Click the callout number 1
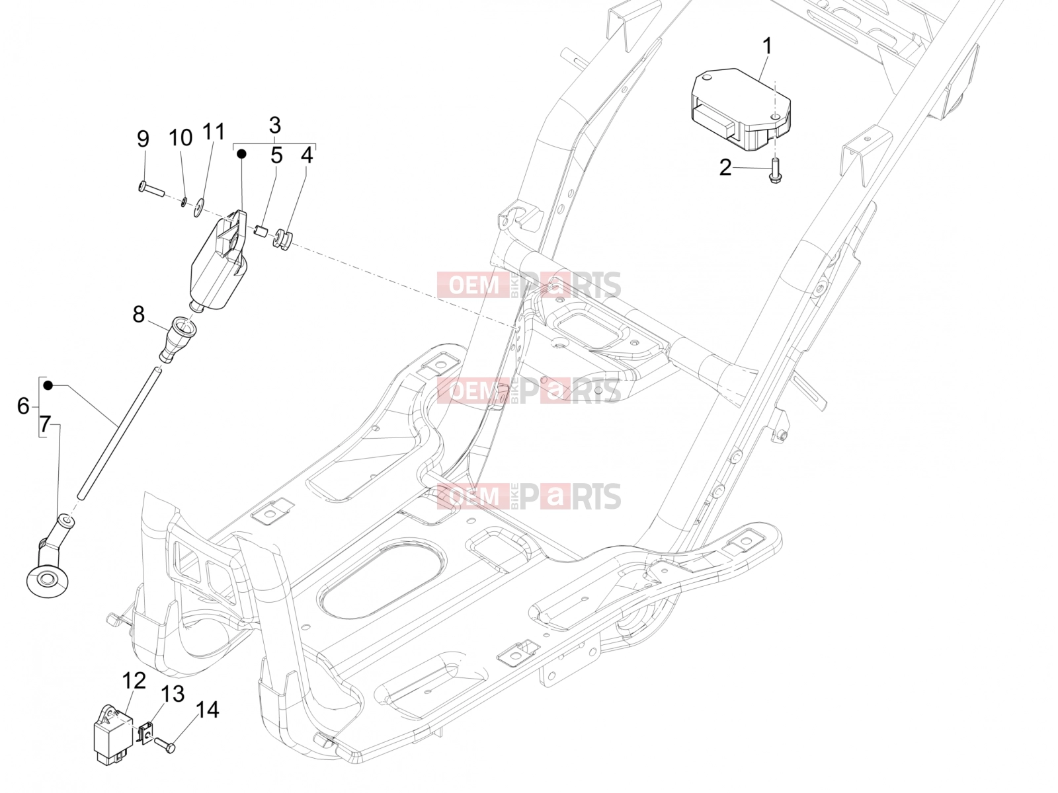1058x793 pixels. (766, 47)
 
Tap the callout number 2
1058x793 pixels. (725, 168)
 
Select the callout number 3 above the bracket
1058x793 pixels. (274, 125)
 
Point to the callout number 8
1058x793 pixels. (138, 315)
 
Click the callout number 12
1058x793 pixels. (134, 681)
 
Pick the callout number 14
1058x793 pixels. (207, 710)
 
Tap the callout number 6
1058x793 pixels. (23, 406)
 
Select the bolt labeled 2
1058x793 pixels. (774, 171)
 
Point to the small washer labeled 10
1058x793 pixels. (184, 202)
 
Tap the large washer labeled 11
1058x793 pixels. (198, 208)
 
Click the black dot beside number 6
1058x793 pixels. (48, 385)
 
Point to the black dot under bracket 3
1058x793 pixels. (242, 153)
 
